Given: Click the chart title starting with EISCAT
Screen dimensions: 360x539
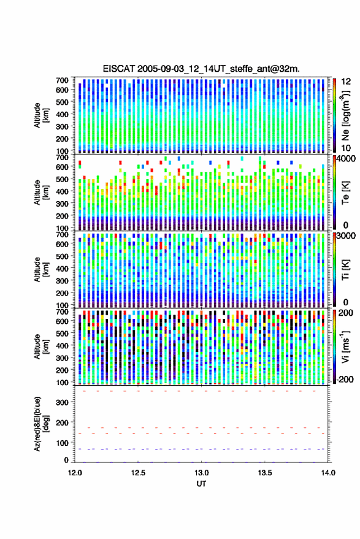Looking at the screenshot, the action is click(201, 69).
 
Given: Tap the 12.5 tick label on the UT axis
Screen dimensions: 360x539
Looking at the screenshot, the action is click(138, 473).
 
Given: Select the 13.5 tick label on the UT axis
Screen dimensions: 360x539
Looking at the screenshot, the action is click(265, 473).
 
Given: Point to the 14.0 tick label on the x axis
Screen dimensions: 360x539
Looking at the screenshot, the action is click(328, 473).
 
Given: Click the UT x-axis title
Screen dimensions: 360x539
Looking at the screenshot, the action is click(201, 484).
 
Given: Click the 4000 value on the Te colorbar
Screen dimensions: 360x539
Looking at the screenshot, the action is click(346, 159).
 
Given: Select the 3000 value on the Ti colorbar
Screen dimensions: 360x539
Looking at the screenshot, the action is click(346, 236).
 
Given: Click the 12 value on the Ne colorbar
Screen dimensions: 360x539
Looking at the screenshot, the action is click(346, 82).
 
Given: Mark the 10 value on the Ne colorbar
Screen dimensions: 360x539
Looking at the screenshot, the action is click(346, 148).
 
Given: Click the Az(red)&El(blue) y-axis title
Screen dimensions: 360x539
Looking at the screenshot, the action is click(42, 424).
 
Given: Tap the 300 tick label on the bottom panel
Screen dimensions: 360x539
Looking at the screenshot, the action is click(62, 402).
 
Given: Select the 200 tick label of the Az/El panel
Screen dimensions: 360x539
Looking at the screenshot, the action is click(62, 422).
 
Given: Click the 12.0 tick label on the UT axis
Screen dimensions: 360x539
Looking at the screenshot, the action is click(75, 473).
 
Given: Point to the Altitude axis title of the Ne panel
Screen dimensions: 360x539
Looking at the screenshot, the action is click(42, 115).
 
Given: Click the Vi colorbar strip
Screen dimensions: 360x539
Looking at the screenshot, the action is click(334, 346).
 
